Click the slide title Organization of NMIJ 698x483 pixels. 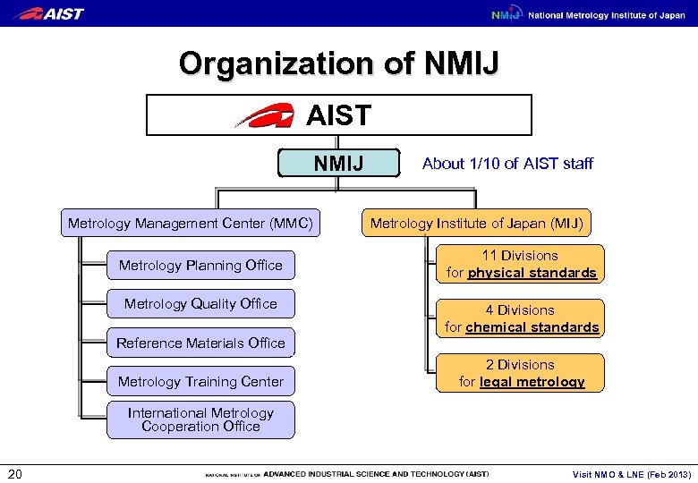coord(339,64)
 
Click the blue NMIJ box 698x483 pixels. coord(336,163)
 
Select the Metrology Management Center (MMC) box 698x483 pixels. coord(191,223)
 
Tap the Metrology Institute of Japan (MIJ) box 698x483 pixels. coord(476,223)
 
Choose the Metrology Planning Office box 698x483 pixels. coord(200,265)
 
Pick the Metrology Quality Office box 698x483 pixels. coord(200,303)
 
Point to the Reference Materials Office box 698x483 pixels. coord(200,343)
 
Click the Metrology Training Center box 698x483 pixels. coord(200,381)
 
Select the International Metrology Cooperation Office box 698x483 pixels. coord(200,419)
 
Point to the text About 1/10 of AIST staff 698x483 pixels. coord(507,163)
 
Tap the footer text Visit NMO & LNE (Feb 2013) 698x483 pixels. coord(632,474)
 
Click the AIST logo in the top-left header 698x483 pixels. coord(51,13)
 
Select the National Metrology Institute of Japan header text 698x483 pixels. coord(606,15)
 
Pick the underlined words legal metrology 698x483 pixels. coord(532,382)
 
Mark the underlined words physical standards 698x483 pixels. coord(532,273)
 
